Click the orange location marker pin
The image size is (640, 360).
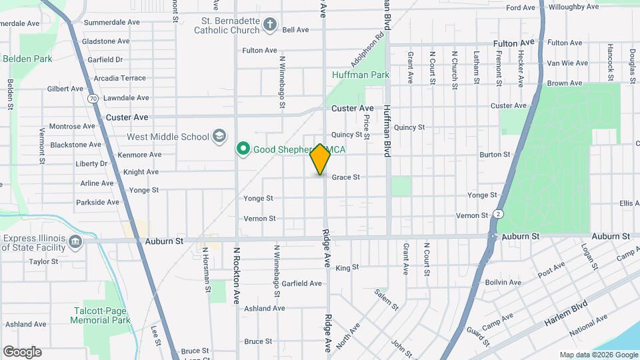[x=320, y=159]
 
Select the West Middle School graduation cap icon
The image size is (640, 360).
[x=219, y=137]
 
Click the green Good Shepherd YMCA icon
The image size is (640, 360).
[x=243, y=149]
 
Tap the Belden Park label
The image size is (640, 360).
[x=27, y=59]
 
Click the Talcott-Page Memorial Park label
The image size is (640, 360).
[x=100, y=315]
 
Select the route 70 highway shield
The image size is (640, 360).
[x=92, y=99]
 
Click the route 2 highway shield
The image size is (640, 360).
[x=498, y=214]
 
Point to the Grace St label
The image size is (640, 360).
[x=346, y=177]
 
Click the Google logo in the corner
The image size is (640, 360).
[x=22, y=352]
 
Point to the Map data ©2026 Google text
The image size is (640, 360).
[x=598, y=355]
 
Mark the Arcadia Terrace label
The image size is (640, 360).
[x=120, y=78]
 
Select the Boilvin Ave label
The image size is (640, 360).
[x=503, y=283]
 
